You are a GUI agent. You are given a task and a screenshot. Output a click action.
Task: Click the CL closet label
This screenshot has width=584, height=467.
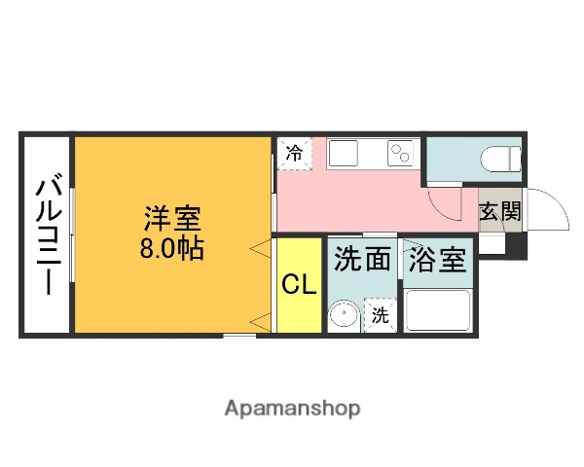tap(299, 284)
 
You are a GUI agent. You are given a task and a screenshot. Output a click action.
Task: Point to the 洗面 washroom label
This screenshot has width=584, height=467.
tap(363, 259)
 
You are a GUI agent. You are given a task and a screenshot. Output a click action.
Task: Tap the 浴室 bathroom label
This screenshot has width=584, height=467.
tap(437, 259)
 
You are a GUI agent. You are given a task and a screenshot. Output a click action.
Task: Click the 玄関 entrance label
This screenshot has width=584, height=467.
tap(499, 212)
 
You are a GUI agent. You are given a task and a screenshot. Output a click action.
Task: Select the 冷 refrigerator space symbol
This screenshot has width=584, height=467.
tap(295, 154)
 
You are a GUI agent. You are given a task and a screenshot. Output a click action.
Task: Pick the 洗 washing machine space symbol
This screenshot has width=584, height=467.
tap(381, 315)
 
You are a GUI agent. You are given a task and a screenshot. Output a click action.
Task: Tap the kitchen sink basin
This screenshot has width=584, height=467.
tap(345, 154)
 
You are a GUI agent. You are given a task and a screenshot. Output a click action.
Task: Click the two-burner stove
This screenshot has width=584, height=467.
tap(401, 154)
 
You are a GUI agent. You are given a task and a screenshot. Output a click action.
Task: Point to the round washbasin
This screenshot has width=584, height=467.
tap(343, 315)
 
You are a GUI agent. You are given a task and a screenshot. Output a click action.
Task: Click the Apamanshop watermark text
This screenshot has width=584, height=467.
tap(292, 409)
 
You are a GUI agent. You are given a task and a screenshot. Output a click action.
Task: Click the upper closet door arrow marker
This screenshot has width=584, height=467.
tap(259, 250)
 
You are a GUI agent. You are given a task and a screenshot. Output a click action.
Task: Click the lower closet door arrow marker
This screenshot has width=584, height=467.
tap(259, 320)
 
